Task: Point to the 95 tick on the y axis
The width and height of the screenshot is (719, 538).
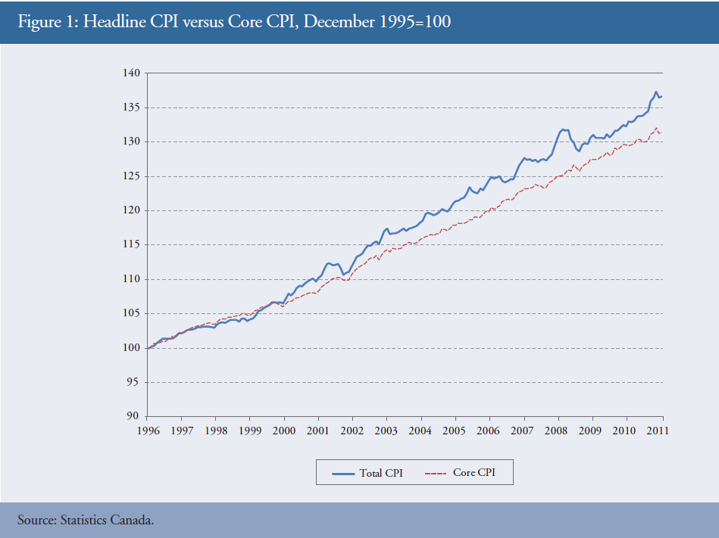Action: coord(133,382)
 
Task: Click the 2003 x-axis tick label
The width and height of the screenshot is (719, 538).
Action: coord(387,431)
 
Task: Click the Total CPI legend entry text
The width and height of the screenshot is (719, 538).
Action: coord(381,474)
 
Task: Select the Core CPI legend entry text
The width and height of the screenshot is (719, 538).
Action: coord(476,474)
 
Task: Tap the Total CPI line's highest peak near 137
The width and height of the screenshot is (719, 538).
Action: coord(655,92)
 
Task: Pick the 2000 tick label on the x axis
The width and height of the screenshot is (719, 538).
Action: coord(284,431)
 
